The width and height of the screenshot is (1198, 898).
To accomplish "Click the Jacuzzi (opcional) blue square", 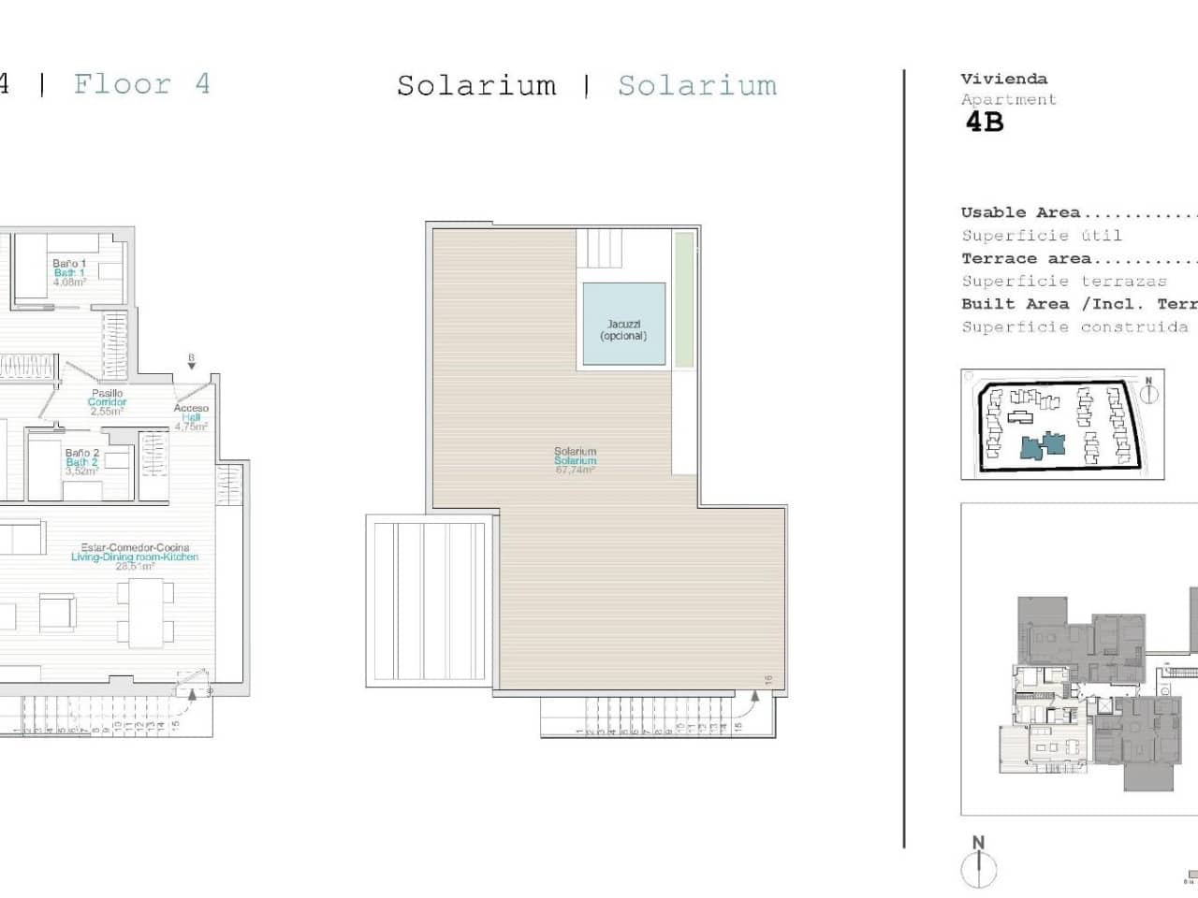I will coord(623,324).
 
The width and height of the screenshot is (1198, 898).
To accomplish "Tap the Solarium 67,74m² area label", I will coord(575,460).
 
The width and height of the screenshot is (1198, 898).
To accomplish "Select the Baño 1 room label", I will coord(69,272).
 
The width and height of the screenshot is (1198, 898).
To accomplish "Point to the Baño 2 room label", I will coord(81,462).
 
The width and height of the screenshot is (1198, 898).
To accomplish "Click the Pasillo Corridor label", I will coord(107,402).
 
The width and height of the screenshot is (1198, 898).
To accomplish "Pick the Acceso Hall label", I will coord(191,417).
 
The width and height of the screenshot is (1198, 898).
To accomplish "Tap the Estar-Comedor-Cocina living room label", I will coord(134,557).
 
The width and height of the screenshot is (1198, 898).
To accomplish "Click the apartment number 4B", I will coord(985,123).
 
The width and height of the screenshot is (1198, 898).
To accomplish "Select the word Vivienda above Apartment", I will coord(1003,80).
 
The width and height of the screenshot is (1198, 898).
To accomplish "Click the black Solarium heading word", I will coord(476,86).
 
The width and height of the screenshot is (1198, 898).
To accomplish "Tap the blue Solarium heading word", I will coord(697,86).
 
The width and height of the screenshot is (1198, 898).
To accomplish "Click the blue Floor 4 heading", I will coord(141,84).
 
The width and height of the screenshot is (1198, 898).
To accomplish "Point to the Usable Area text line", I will coord(1076,213).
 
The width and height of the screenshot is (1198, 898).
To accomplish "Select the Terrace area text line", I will coord(1076,259).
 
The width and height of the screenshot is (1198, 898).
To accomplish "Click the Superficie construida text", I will coord(1074,327).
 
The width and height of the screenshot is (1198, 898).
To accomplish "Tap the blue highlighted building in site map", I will coord(1043,446).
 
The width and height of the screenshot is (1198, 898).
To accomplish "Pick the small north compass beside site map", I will coord(1148,390).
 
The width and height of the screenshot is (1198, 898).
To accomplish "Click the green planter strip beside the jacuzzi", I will coord(684,299).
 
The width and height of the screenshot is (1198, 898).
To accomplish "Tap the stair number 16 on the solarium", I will coord(767,680).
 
